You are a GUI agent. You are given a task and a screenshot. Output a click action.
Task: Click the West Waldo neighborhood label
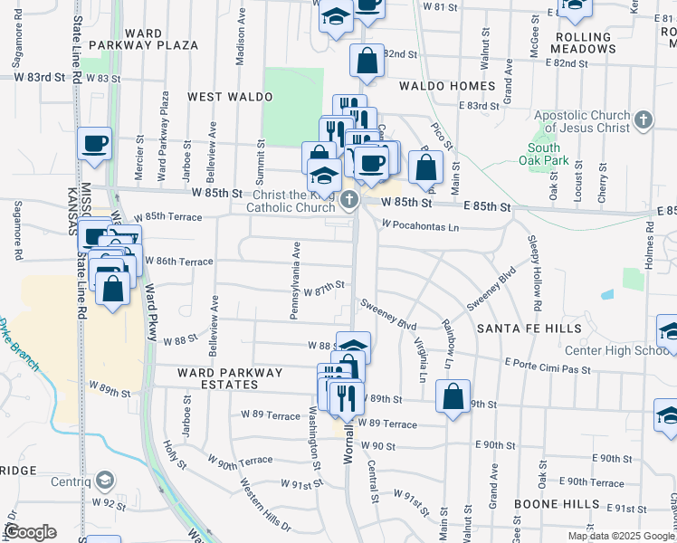point(230,96)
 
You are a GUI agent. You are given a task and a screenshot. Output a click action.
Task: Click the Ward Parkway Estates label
point(230,378)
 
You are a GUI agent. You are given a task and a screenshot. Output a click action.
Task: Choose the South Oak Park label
point(544,154)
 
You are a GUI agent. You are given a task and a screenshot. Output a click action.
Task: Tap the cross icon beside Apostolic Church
point(643,119)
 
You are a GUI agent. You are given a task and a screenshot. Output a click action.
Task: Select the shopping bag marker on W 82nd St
point(367,62)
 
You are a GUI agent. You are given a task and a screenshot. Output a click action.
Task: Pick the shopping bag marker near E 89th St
point(453,395)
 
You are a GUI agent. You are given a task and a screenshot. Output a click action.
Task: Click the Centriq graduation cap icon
point(105,480)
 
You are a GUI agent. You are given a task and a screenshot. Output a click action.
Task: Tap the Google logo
point(30,532)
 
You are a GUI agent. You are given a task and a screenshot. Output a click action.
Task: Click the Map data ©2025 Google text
point(621,535)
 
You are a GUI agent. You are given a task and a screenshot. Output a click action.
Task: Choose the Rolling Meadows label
point(605,43)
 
